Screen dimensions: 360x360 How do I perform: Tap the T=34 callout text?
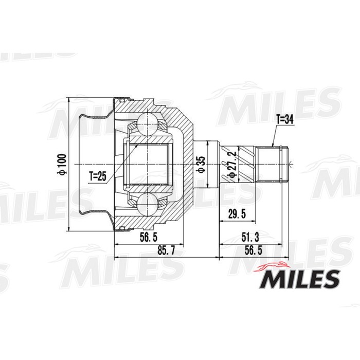[x=284, y=119]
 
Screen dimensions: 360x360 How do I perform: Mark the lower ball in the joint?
[x=147, y=204]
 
